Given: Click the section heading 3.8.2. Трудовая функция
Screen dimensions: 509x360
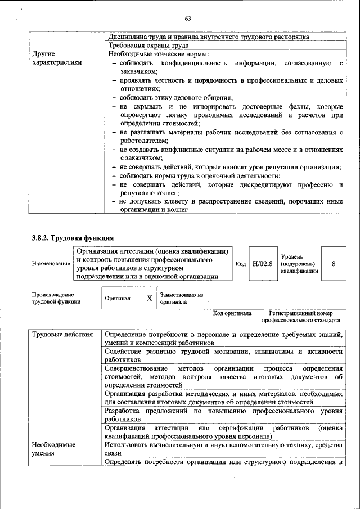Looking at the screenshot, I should [73, 238].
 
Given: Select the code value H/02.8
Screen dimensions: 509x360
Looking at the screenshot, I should [262, 263].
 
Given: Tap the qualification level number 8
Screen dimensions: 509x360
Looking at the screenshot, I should [334, 263].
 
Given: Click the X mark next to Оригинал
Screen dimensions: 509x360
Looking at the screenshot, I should [150, 298].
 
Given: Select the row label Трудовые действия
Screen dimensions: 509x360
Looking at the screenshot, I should [62, 335].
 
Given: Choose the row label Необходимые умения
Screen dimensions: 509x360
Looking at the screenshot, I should [53, 448].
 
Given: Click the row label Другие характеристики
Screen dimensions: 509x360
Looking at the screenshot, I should [57, 58].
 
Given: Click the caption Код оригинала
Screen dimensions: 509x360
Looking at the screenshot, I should [232, 313].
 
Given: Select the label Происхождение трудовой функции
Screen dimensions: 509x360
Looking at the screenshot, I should [56, 298].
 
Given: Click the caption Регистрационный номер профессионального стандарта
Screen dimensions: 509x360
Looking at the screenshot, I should [300, 317].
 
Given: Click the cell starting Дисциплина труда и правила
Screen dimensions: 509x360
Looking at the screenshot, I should [208, 37].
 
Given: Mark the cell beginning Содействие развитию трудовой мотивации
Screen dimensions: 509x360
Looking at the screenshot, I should [223, 355].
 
